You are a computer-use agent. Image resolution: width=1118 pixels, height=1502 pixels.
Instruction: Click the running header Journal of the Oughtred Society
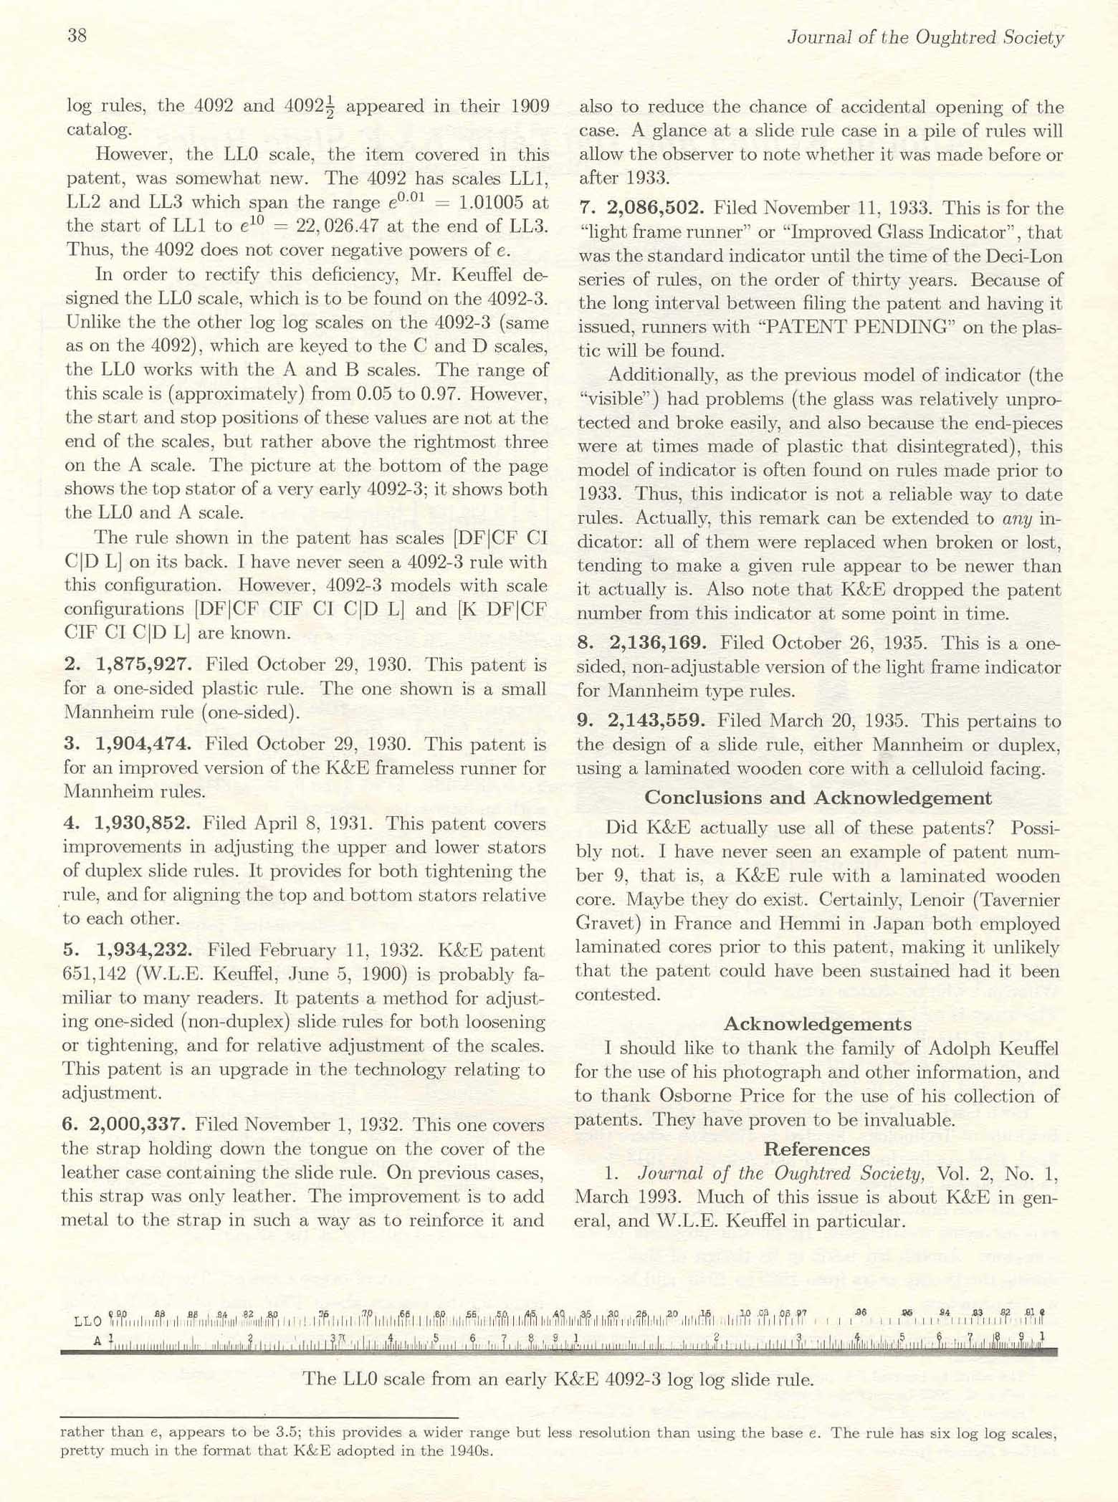[x=924, y=37]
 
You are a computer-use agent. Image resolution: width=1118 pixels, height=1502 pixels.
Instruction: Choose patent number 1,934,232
[x=144, y=950]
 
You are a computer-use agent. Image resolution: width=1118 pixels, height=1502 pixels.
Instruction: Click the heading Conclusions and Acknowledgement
[x=818, y=798]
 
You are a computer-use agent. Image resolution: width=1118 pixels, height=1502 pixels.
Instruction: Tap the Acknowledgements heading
[x=818, y=1023]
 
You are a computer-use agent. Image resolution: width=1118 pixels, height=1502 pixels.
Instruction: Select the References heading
[x=817, y=1149]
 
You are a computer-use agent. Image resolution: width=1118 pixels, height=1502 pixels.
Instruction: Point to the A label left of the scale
[x=97, y=1339]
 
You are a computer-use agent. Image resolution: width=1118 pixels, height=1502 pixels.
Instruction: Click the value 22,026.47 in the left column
[x=328, y=226]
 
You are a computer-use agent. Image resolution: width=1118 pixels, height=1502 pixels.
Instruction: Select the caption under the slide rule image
[x=558, y=1379]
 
